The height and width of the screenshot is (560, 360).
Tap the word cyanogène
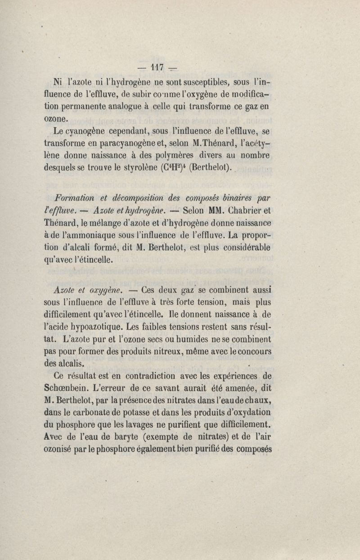click(90, 131)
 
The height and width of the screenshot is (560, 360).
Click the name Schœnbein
click(73, 388)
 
